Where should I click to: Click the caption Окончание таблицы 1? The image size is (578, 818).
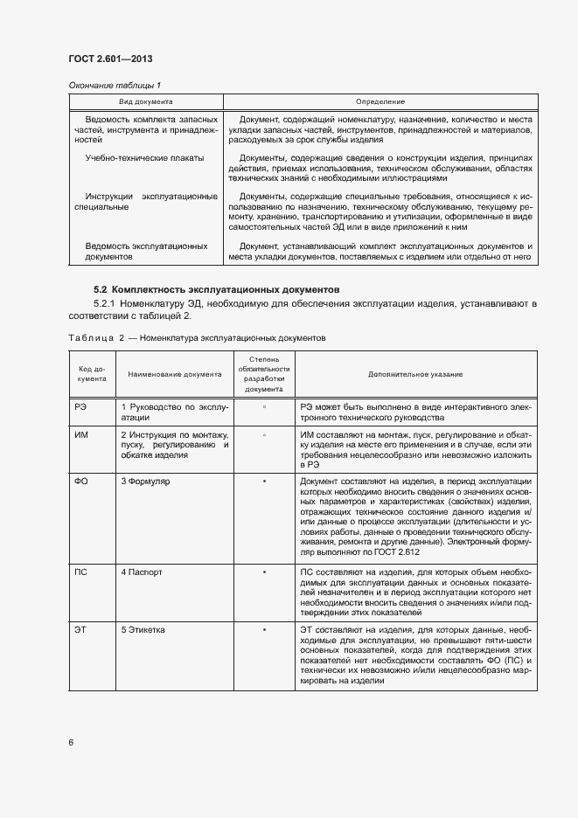point(115,85)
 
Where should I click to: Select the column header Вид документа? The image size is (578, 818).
point(145,102)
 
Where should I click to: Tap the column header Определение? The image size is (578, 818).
point(380,102)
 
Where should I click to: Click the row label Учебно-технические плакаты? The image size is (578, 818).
point(145,158)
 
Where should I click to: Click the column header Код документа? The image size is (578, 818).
point(93,374)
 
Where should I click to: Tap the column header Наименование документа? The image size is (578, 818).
point(175,374)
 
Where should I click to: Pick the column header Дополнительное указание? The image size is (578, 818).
point(415,374)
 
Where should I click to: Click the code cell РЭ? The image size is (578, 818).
point(81,407)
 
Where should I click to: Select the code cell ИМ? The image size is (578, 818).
point(81,435)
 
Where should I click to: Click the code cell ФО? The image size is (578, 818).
point(81,481)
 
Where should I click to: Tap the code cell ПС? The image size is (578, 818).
point(81,572)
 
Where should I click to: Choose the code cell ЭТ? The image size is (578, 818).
point(81,629)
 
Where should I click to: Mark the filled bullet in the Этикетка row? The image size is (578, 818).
point(263,629)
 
